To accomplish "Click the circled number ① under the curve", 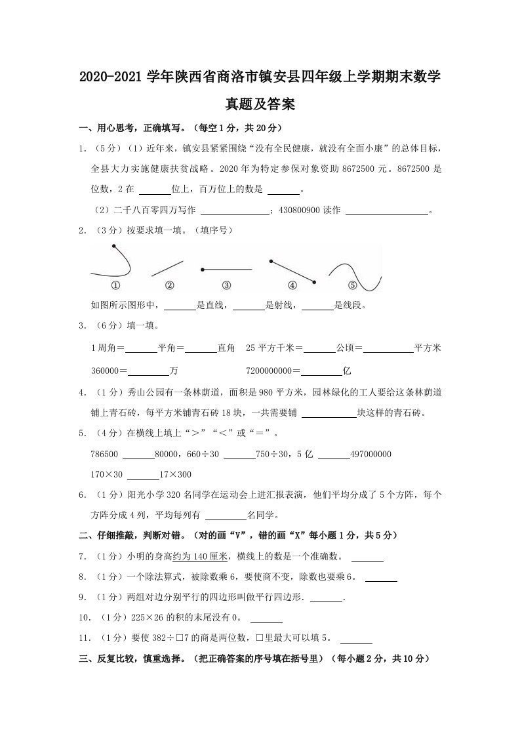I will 115,285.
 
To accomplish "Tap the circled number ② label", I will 169,285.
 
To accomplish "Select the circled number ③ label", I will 226,285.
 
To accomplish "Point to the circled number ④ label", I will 292,285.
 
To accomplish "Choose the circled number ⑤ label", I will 352,285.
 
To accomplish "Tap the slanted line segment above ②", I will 167,268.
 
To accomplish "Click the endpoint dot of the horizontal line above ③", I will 202,269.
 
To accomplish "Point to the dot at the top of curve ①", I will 115,247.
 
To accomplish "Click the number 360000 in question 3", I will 106,371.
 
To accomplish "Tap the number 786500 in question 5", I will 106,454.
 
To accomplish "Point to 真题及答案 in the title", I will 260,103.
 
